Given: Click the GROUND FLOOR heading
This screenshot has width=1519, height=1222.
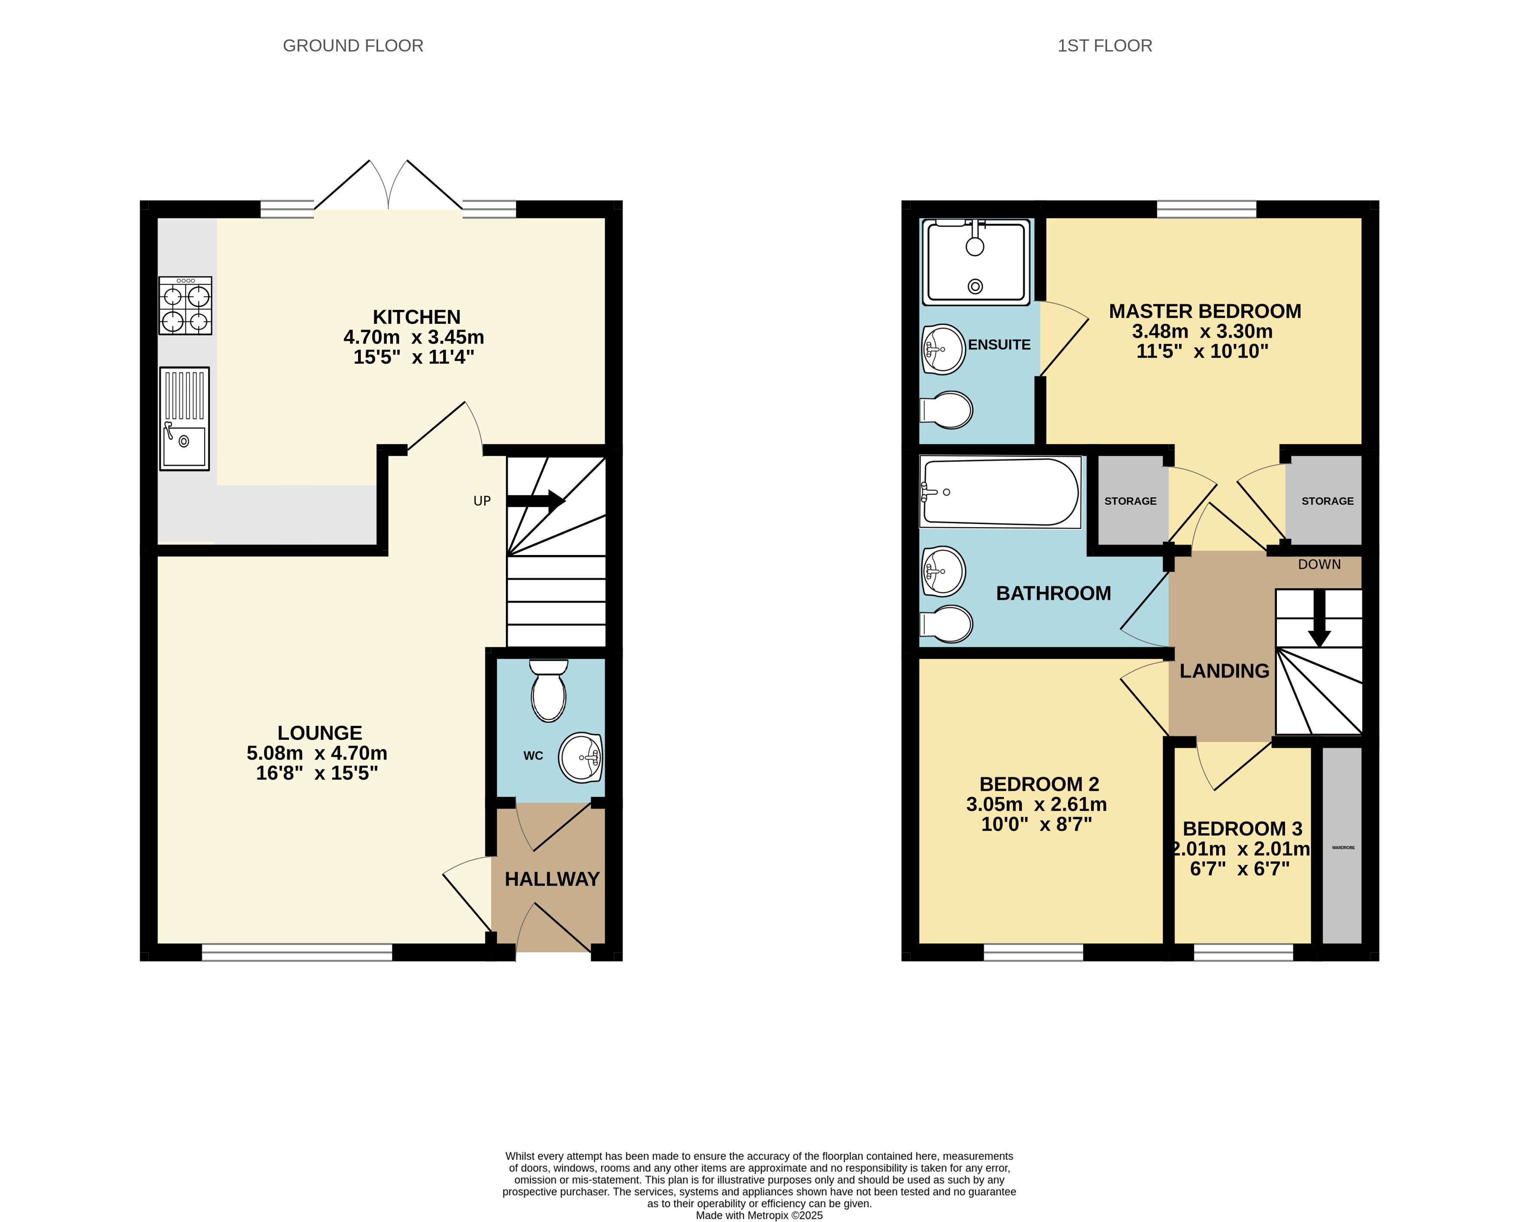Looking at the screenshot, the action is click(353, 46).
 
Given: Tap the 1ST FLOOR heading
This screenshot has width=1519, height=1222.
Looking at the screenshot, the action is click(1105, 46).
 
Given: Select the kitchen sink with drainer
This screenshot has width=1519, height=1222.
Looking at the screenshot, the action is click(184, 418).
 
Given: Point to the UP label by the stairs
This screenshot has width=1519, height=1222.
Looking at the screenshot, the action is click(482, 501).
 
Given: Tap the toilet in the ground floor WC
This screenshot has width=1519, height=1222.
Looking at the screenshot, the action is click(549, 690).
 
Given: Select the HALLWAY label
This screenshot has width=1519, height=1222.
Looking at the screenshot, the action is click(552, 879).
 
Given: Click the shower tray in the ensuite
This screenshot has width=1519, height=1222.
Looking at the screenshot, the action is click(976, 262).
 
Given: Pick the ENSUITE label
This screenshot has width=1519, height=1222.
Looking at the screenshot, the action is click(999, 345).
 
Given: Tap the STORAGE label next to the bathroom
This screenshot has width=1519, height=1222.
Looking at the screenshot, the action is click(1130, 501).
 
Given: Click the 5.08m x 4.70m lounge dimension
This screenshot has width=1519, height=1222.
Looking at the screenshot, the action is click(317, 753).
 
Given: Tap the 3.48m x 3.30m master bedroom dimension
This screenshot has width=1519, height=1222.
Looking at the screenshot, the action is click(1203, 331).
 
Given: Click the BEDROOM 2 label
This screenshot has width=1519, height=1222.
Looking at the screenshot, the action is click(1039, 784).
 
